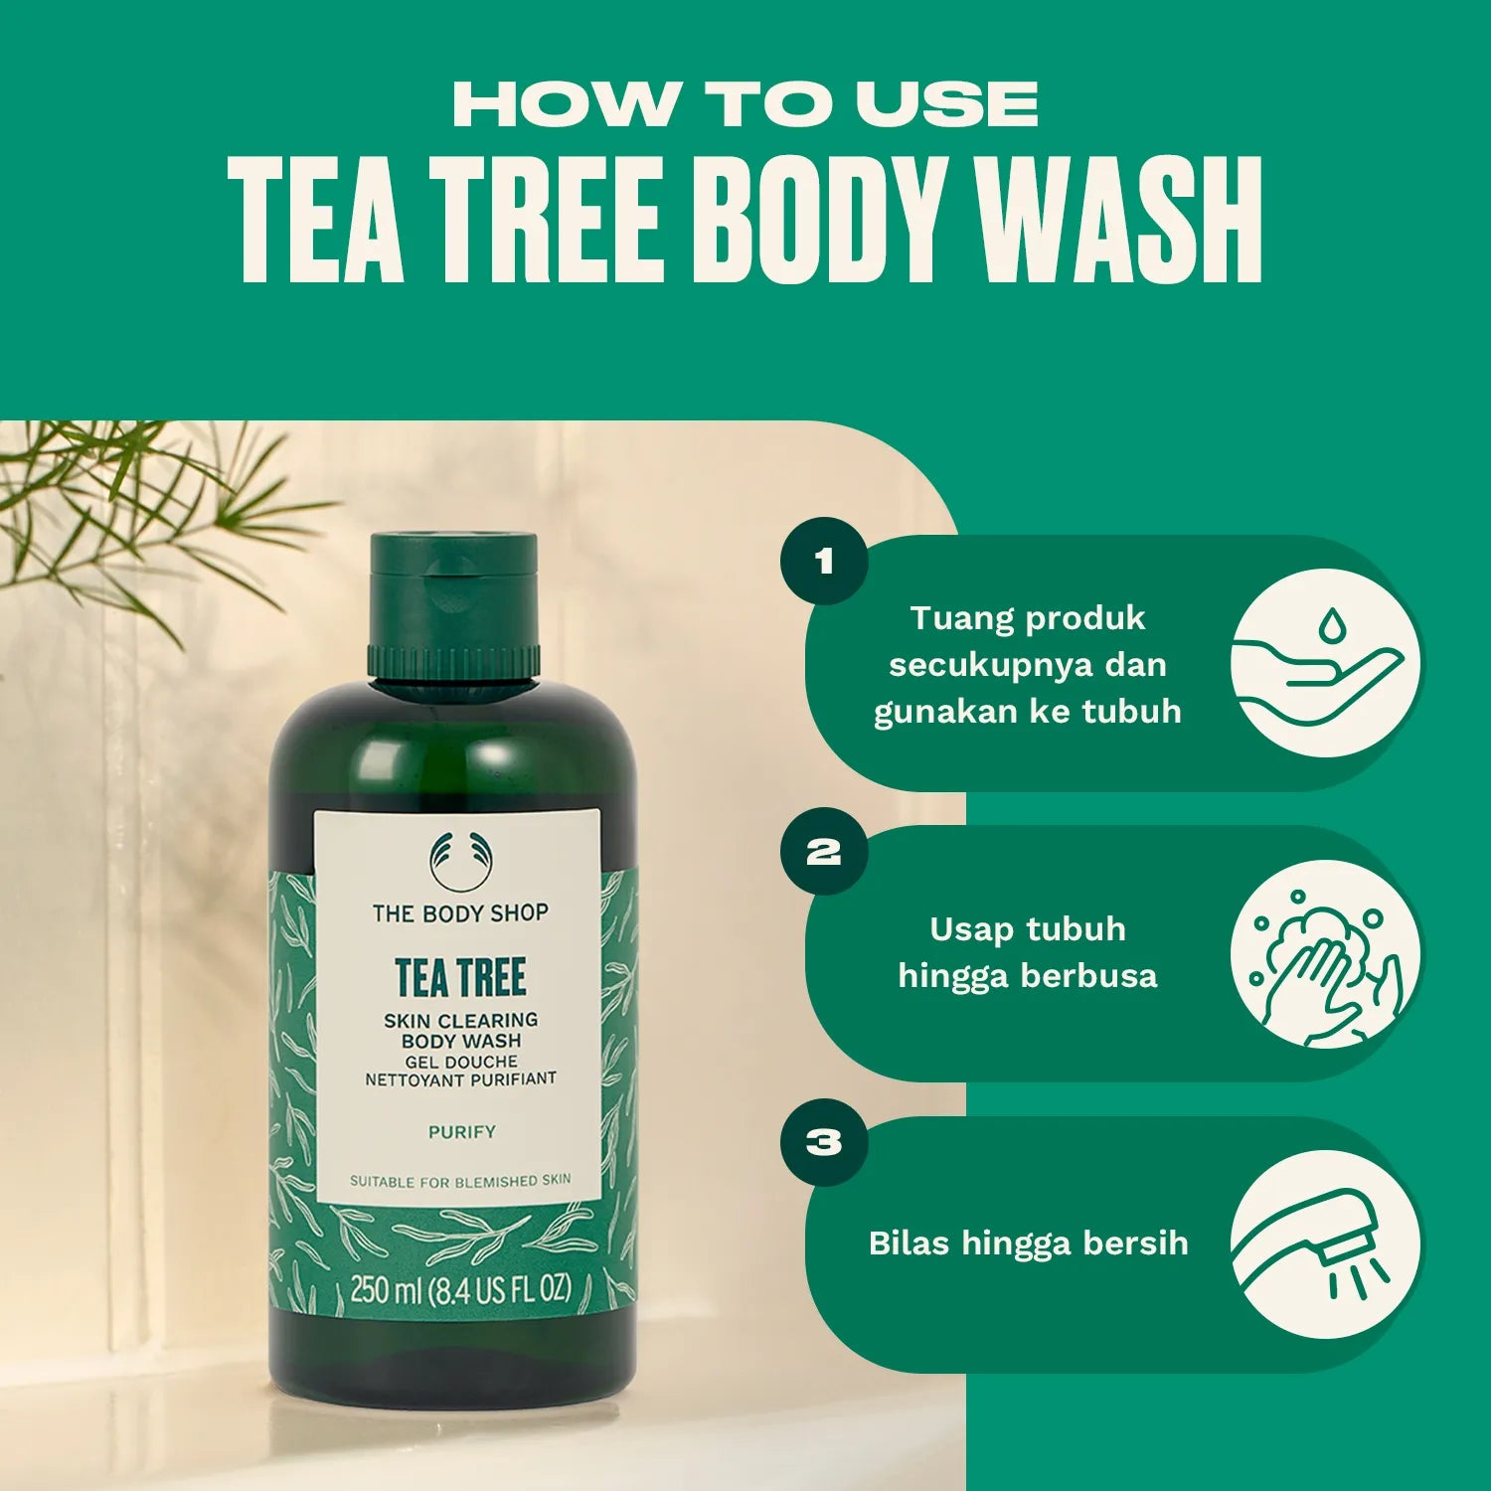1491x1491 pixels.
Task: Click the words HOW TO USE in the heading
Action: point(745,104)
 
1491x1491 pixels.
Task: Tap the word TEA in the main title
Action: point(316,221)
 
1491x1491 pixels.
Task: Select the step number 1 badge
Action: point(824,562)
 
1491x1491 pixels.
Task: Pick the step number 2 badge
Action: point(824,852)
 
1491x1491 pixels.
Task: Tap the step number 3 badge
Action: point(824,1142)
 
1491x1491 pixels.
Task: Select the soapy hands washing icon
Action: point(1326,954)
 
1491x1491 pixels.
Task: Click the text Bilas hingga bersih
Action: point(1028,1243)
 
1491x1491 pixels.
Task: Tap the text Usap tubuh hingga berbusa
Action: point(1028,952)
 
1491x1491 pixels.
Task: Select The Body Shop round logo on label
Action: point(460,860)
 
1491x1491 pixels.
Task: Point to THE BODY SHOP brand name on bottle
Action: point(460,912)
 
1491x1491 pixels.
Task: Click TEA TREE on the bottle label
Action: point(460,977)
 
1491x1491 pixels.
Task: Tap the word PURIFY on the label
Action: point(461,1132)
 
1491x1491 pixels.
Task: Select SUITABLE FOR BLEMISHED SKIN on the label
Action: point(460,1181)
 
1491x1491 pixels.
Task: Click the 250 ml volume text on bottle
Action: point(460,1290)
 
